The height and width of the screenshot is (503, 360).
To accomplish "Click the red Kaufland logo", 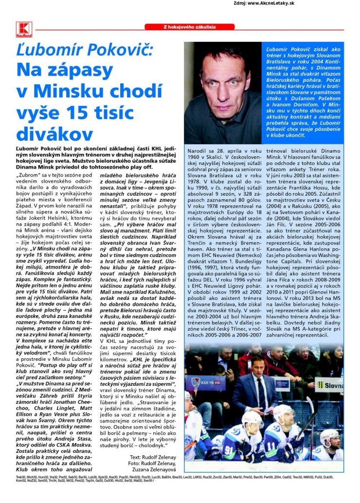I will click(23, 31).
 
